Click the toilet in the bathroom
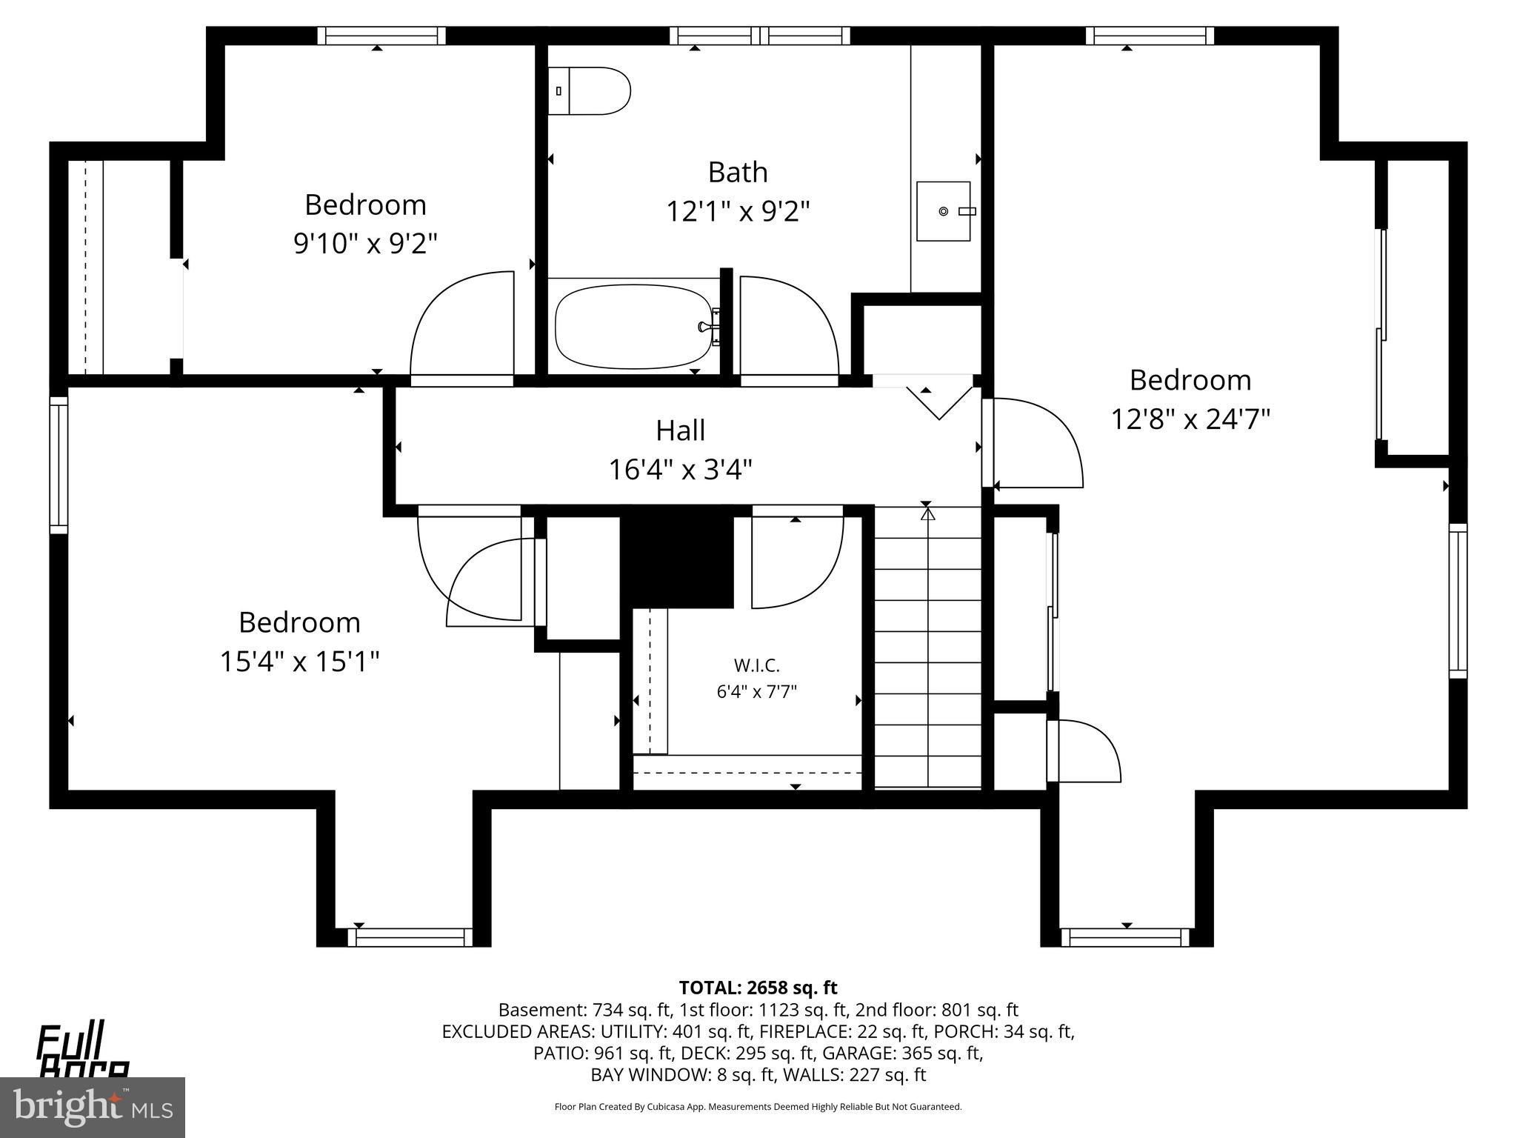(x=589, y=91)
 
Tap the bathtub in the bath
(x=633, y=327)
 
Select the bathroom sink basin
(x=943, y=211)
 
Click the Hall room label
(x=680, y=430)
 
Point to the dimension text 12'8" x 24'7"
(x=1190, y=419)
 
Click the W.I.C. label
(x=756, y=665)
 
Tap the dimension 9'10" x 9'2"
(x=365, y=243)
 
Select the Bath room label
(x=737, y=172)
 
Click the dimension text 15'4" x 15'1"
(x=299, y=661)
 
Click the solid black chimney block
(x=676, y=559)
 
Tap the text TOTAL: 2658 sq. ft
(x=758, y=988)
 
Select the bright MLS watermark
(x=93, y=1107)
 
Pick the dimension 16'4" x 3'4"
(x=680, y=470)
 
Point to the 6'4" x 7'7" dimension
(x=756, y=692)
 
